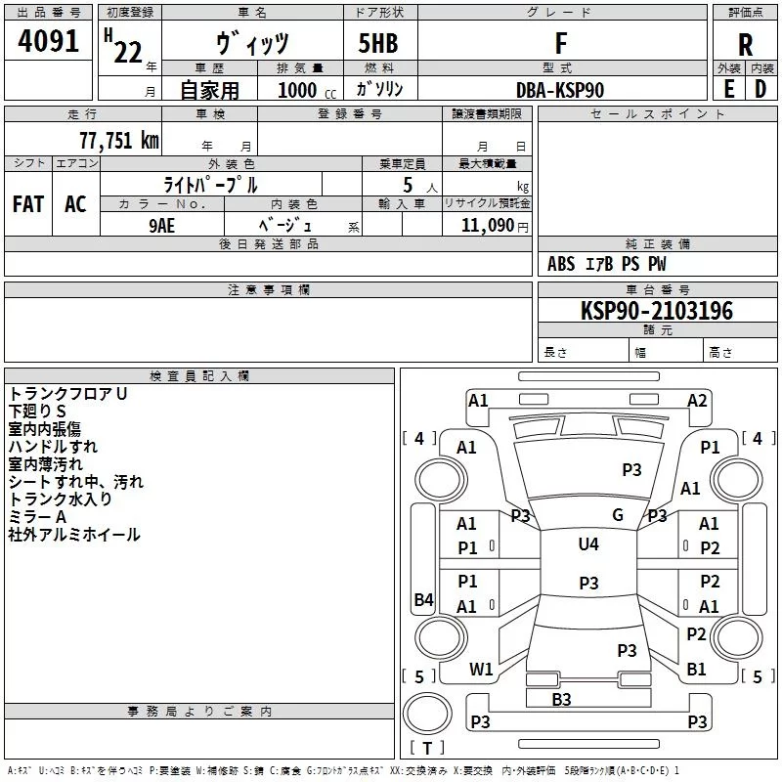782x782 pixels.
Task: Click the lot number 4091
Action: coord(48,42)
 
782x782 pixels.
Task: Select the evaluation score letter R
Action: coord(745,44)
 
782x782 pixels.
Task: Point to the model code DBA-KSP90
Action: coord(560,90)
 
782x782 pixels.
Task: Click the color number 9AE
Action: coord(162,224)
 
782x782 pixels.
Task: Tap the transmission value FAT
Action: coord(28,203)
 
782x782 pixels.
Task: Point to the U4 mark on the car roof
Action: coord(587,544)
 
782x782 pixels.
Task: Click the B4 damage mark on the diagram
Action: coord(423,600)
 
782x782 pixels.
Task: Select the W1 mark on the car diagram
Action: coord(481,670)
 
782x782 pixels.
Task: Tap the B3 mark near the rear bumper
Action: coord(561,699)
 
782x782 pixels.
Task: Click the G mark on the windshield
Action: coord(618,515)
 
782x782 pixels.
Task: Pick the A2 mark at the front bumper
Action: coord(697,400)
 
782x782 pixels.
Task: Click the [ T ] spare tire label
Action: coord(427,749)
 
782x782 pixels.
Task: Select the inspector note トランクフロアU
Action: coord(67,394)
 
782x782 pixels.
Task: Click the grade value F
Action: coord(560,44)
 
